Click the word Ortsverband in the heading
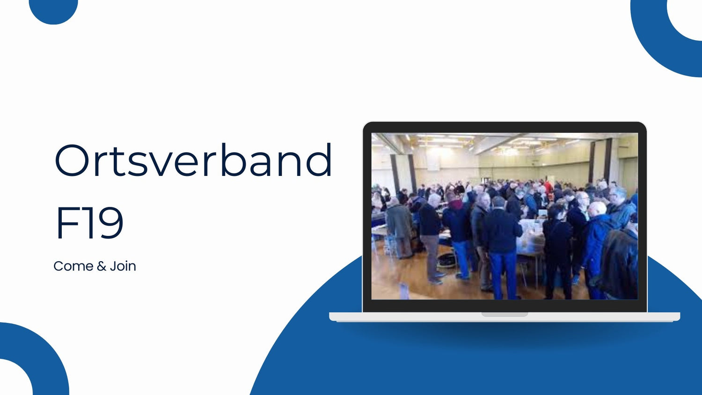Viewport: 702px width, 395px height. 193,160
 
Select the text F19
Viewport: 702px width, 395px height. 89,223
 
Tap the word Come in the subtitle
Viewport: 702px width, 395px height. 73,266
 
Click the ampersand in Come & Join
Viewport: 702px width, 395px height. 102,266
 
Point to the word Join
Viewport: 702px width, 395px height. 123,266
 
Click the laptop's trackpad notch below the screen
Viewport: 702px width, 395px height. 505,315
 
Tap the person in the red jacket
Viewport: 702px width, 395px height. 548,187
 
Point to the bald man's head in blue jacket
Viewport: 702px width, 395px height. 597,209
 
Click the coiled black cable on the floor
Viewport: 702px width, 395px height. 446,260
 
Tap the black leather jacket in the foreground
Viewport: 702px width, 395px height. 619,263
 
